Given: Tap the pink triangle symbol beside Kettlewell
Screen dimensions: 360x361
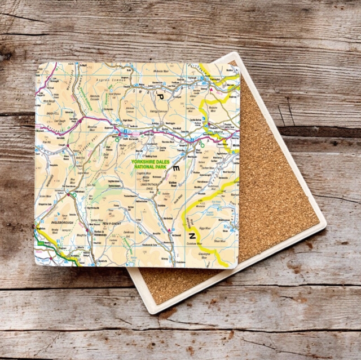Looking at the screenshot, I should [x=169, y=230].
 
